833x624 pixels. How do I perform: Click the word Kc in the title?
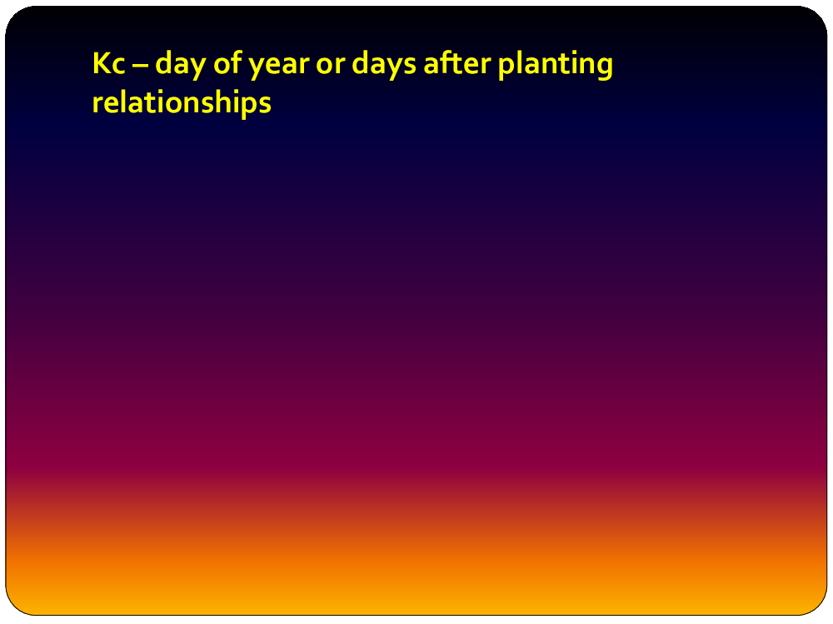pyautogui.click(x=109, y=64)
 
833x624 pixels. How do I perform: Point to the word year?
pyautogui.click(x=279, y=67)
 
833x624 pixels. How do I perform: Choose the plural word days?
pyautogui.click(x=384, y=65)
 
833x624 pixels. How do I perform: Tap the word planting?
pyautogui.click(x=555, y=65)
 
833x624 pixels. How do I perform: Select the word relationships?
pyautogui.click(x=182, y=102)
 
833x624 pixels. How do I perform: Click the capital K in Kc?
pyautogui.click(x=102, y=64)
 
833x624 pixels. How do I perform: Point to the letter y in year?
pyautogui.click(x=257, y=68)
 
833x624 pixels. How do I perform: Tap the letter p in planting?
pyautogui.click(x=507, y=68)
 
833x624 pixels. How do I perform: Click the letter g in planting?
pyautogui.click(x=604, y=68)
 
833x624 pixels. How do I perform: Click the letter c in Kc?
pyautogui.click(x=119, y=67)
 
